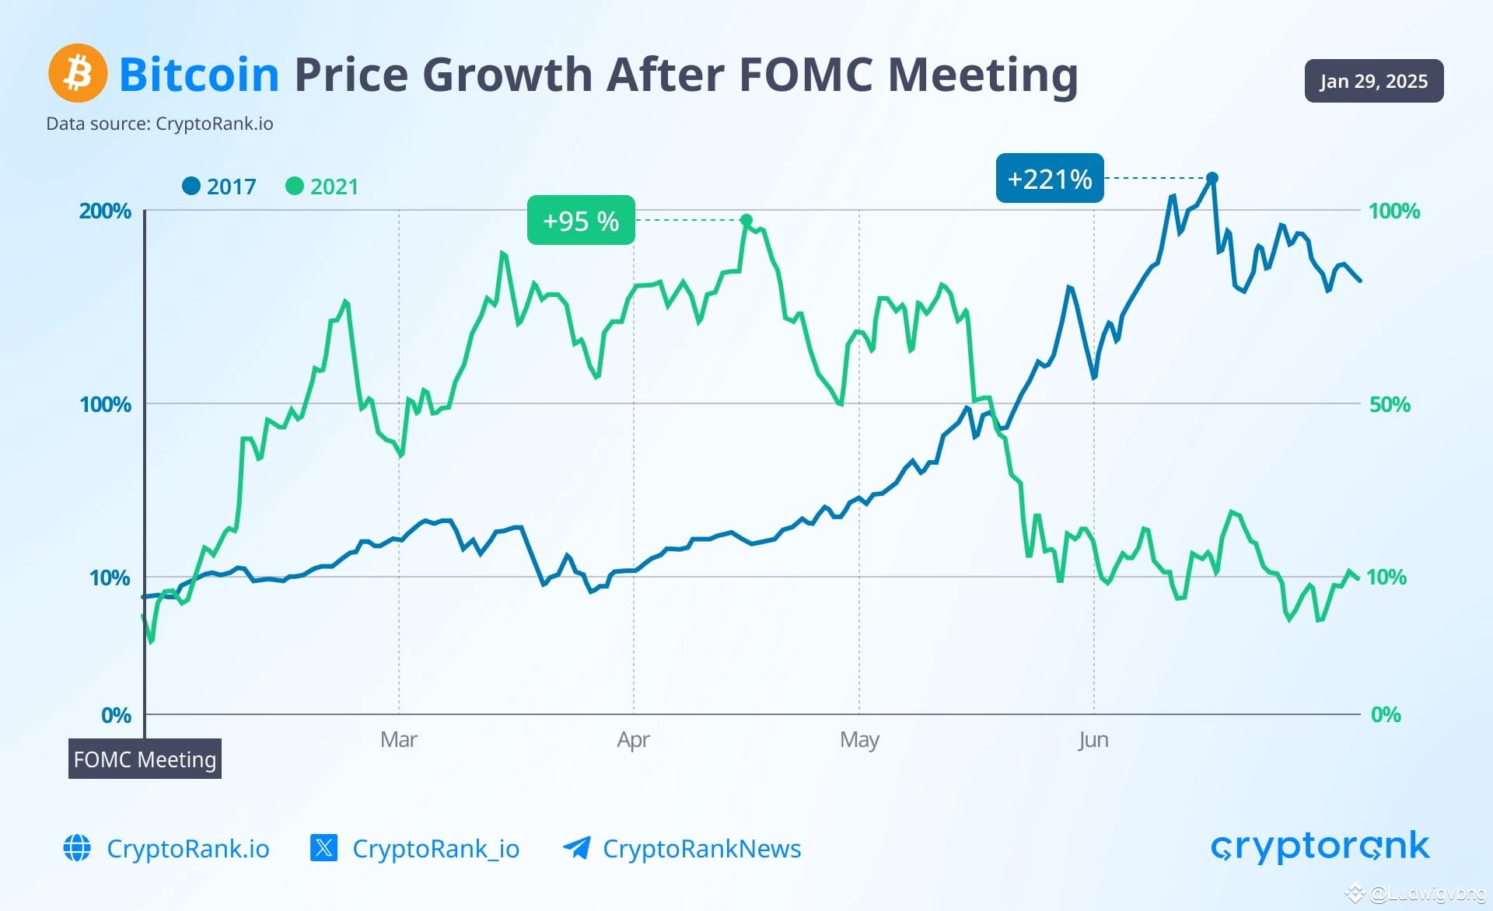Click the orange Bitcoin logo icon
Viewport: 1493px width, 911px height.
coord(78,73)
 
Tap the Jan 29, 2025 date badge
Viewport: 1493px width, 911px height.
coord(1373,81)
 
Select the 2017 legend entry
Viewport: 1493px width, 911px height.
coord(219,187)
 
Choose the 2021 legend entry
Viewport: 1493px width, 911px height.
coord(323,187)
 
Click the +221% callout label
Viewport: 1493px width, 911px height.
coord(1049,179)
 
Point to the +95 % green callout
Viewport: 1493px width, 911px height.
coord(581,221)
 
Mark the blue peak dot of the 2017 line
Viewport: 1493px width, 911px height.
coord(1212,178)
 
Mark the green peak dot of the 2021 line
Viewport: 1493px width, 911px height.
coord(746,220)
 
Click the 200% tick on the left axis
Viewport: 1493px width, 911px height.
coord(105,211)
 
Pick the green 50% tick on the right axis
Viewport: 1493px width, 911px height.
coord(1390,404)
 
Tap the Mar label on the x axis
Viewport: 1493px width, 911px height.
coord(399,739)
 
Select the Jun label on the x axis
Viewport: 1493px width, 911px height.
coord(1093,739)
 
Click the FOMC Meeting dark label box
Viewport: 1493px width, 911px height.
coord(145,759)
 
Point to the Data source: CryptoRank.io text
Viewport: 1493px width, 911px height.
coord(159,124)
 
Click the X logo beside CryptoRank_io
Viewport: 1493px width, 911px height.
coord(323,847)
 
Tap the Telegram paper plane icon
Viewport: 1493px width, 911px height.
coord(576,847)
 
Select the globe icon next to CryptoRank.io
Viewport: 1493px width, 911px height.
coord(77,847)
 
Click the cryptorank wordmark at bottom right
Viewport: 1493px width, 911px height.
coord(1320,846)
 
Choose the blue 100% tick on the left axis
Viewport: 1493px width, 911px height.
coord(105,404)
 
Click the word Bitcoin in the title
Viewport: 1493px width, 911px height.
coord(199,75)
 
